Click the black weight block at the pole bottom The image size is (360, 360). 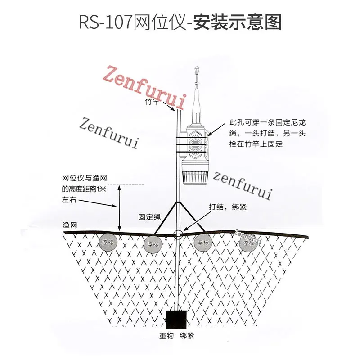click(x=176, y=319)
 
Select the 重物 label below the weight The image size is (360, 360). click(x=167, y=336)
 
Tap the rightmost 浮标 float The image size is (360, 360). click(x=248, y=243)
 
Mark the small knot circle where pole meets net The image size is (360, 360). click(x=178, y=234)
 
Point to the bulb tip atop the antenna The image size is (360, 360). click(x=196, y=71)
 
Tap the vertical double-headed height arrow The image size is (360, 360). click(x=120, y=207)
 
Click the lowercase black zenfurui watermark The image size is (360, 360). click(x=243, y=184)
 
